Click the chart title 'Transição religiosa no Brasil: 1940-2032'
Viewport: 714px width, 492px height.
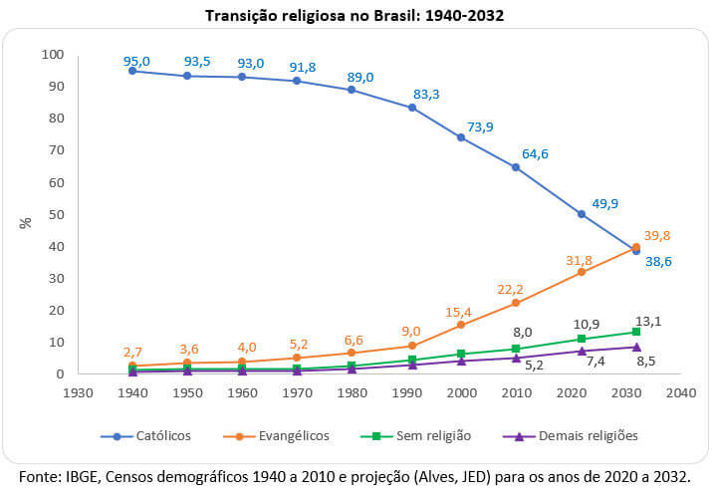click(356, 15)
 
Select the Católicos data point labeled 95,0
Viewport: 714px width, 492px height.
click(131, 71)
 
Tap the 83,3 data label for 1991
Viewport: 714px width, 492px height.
click(426, 94)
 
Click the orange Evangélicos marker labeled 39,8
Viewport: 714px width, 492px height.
click(636, 247)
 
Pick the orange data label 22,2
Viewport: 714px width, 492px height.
click(510, 289)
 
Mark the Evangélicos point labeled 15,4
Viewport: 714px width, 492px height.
click(460, 325)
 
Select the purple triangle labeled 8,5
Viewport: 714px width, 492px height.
click(636, 347)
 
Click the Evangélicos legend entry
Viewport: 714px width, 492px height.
click(284, 435)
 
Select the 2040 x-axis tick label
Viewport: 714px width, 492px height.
click(680, 392)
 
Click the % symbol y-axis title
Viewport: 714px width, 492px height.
click(25, 222)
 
